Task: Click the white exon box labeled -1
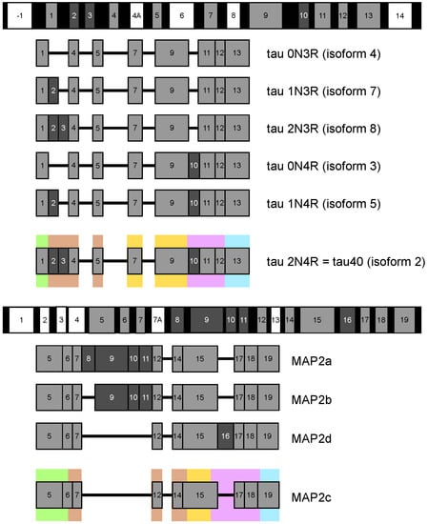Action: click(x=19, y=15)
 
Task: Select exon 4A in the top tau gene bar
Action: click(x=136, y=15)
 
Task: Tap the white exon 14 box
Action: click(x=400, y=15)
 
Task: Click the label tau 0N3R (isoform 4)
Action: click(x=324, y=53)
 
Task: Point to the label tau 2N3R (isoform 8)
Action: click(x=324, y=129)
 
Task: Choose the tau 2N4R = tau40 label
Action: click(x=346, y=261)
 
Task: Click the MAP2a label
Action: click(x=312, y=361)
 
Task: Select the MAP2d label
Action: click(x=312, y=438)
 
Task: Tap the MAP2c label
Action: click(x=312, y=497)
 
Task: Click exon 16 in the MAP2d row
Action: click(x=225, y=436)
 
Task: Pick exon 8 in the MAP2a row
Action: click(x=89, y=358)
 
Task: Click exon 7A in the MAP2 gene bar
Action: click(x=157, y=320)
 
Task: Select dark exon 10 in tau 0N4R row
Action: click(x=194, y=166)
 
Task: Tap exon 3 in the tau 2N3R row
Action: click(x=63, y=128)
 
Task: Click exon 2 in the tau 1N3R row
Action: click(x=53, y=91)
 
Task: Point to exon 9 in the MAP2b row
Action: click(x=112, y=397)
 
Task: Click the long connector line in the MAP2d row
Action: click(x=116, y=436)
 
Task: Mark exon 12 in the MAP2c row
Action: click(x=157, y=494)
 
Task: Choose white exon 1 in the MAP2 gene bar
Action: click(x=21, y=320)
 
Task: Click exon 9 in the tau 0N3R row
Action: click(x=172, y=52)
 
